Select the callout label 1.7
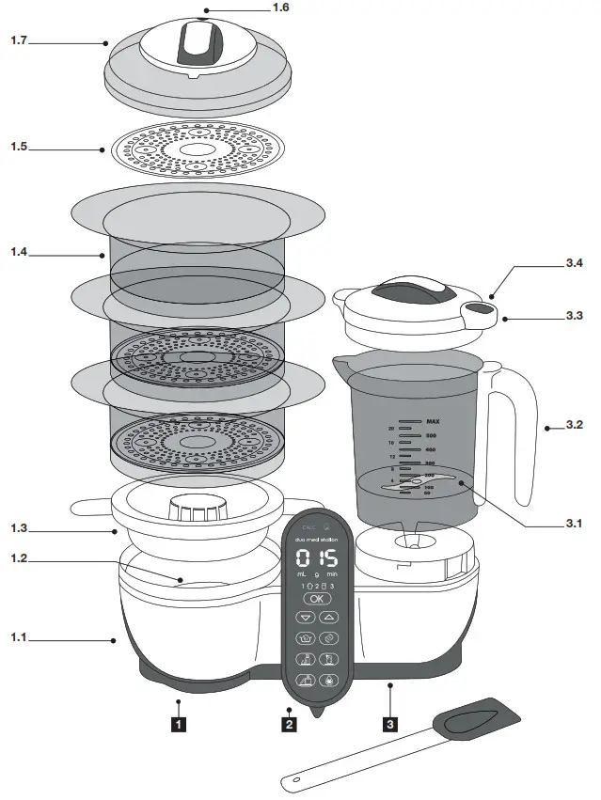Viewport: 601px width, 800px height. coord(20,41)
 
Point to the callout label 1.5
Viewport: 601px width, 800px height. coord(20,148)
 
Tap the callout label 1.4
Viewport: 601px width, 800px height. coord(20,253)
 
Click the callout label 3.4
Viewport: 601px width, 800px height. coord(575,264)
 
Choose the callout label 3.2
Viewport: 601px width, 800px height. coord(575,425)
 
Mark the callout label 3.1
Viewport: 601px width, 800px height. coord(575,524)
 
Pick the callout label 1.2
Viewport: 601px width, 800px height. coord(20,558)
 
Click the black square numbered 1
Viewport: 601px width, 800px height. coord(176,724)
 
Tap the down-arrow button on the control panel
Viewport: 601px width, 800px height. coord(305,618)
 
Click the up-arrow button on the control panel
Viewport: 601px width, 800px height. coord(329,618)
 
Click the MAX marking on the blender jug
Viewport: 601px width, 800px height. coord(433,422)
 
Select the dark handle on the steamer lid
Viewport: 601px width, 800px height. coord(198,41)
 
